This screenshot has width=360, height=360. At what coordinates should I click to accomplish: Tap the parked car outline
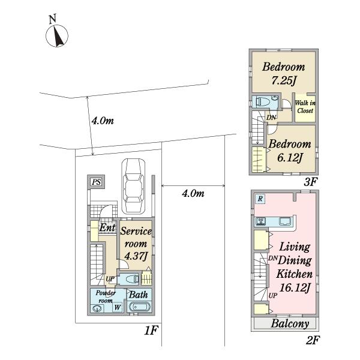133,187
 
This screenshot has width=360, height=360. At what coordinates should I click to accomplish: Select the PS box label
97,182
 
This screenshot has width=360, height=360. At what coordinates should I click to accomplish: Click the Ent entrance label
107,228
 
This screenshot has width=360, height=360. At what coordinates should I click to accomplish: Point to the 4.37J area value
136,256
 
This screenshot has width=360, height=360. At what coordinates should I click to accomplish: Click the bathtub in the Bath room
140,307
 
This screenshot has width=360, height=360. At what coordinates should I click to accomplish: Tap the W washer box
118,307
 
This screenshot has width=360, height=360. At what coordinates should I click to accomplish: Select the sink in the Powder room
97,308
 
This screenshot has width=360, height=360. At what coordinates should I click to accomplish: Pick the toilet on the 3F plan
264,101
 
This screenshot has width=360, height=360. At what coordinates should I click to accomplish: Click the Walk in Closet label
305,107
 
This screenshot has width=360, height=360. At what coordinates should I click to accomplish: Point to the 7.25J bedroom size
284,81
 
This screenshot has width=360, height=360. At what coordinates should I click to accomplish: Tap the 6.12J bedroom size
290,157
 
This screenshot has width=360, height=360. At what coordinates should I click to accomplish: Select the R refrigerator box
260,199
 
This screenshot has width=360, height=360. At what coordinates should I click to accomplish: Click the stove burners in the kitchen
261,221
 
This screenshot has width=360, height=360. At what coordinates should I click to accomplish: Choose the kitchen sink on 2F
286,221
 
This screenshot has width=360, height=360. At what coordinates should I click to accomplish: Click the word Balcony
290,324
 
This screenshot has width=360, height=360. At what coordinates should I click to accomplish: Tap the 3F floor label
310,182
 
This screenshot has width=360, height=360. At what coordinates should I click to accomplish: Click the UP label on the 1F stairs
110,279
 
